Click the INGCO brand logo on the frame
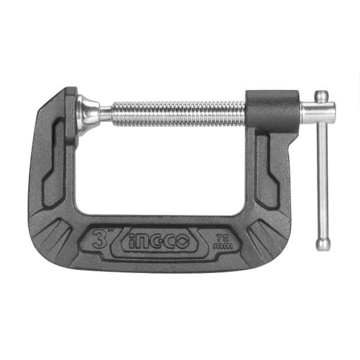(159, 241)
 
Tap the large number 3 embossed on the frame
(99, 239)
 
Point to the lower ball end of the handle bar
(323, 244)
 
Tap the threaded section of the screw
(178, 114)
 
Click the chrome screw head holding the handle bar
(318, 113)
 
